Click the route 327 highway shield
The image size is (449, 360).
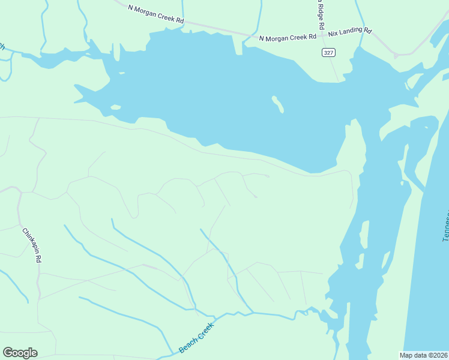[328, 53]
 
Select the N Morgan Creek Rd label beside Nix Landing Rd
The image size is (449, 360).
[288, 37]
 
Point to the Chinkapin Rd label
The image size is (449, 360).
[31, 245]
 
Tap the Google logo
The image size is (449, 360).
[20, 353]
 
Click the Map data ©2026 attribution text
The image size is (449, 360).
[423, 355]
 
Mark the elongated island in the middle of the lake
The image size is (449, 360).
[277, 104]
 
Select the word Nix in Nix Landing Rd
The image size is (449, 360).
[333, 33]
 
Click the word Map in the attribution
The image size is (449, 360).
[406, 355]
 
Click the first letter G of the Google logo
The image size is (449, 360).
[8, 353]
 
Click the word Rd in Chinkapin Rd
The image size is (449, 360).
[38, 259]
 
